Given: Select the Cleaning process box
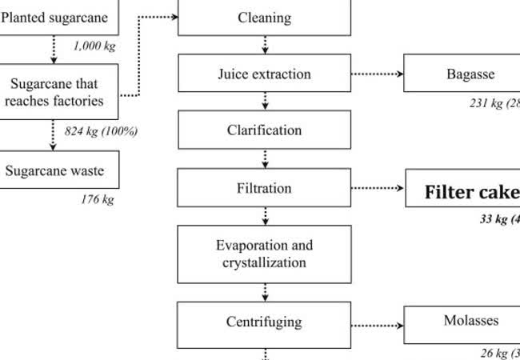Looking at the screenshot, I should (264, 18).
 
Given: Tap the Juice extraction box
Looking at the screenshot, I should (264, 74).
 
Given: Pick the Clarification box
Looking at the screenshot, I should (264, 130).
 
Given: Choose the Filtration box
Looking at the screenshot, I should (264, 189).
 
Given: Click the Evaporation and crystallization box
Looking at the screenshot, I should (264, 254).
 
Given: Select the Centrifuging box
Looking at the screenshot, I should (264, 322).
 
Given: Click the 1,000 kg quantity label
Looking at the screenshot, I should (94, 46).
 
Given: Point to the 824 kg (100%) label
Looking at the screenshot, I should (101, 130).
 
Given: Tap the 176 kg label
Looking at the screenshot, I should (97, 199).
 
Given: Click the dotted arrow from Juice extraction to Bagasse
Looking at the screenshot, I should (377, 74).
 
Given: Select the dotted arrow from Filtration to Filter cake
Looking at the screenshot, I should (377, 189).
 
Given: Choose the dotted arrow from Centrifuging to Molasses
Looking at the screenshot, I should (377, 326).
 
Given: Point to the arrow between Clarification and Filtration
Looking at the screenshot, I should (265, 159).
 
